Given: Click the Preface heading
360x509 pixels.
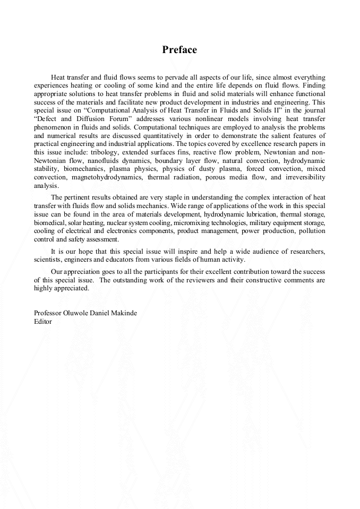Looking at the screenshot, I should coord(179,50).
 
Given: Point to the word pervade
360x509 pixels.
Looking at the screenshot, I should coord(190,77).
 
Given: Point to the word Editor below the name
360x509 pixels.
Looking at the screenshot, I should coord(43,321).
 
